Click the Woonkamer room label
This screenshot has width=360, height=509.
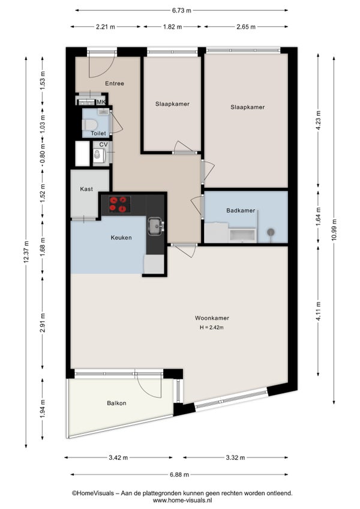(x=212, y=318)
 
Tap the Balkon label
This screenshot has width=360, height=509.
(x=116, y=403)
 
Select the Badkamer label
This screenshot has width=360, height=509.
(x=241, y=210)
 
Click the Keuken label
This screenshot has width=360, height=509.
(x=121, y=238)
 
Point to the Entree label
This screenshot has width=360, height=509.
(x=115, y=83)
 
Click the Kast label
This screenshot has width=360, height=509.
(x=86, y=189)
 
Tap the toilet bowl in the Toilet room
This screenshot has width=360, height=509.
(x=89, y=124)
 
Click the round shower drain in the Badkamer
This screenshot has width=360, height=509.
(x=271, y=232)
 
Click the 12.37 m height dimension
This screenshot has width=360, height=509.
(x=26, y=251)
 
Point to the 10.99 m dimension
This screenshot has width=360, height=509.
(x=334, y=230)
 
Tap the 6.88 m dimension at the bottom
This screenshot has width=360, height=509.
(x=179, y=475)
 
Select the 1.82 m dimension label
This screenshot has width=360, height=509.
(x=172, y=27)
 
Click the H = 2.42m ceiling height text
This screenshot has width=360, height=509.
(x=212, y=328)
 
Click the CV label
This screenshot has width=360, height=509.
(x=103, y=145)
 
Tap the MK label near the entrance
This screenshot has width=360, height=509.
(x=101, y=102)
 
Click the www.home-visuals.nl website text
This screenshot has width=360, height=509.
(x=182, y=500)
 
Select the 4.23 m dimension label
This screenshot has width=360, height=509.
(x=318, y=120)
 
